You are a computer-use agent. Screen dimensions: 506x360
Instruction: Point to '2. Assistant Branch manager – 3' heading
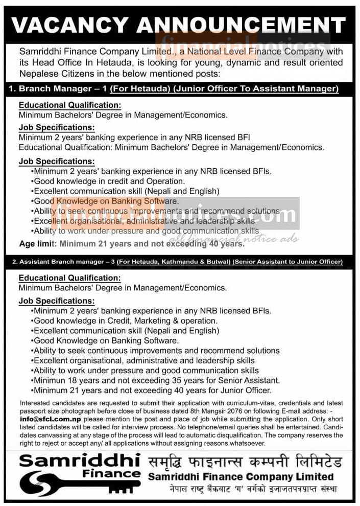point(63,262)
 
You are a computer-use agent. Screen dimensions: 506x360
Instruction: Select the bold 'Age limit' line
point(132,244)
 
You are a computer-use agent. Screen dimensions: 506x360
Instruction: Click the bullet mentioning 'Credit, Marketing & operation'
point(125,321)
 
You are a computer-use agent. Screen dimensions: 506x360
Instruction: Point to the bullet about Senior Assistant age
point(156,380)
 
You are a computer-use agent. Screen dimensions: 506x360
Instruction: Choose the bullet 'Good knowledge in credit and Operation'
point(108,181)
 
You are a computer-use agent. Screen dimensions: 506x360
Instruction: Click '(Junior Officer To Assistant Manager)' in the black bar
point(256,89)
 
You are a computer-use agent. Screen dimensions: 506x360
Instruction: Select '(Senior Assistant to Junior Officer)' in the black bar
point(287,262)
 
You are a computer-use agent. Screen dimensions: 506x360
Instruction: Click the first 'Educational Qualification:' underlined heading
point(69,105)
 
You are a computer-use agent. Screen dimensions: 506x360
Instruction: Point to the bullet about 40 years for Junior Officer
point(151,390)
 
